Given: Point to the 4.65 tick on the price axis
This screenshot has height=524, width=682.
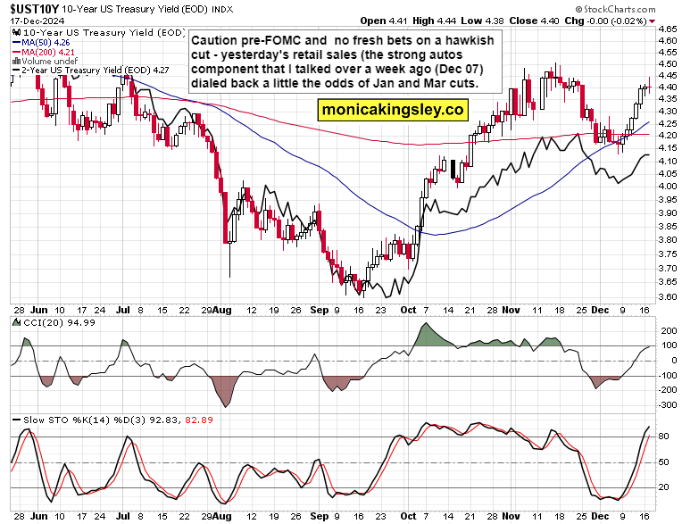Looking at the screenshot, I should [x=667, y=29].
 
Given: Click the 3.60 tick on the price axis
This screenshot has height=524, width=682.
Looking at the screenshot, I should [x=667, y=296].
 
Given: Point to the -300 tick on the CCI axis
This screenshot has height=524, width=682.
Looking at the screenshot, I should [x=667, y=404].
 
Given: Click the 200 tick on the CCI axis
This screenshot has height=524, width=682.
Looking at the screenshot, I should [x=667, y=331].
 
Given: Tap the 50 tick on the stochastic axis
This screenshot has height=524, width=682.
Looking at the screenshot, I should [x=665, y=462].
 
